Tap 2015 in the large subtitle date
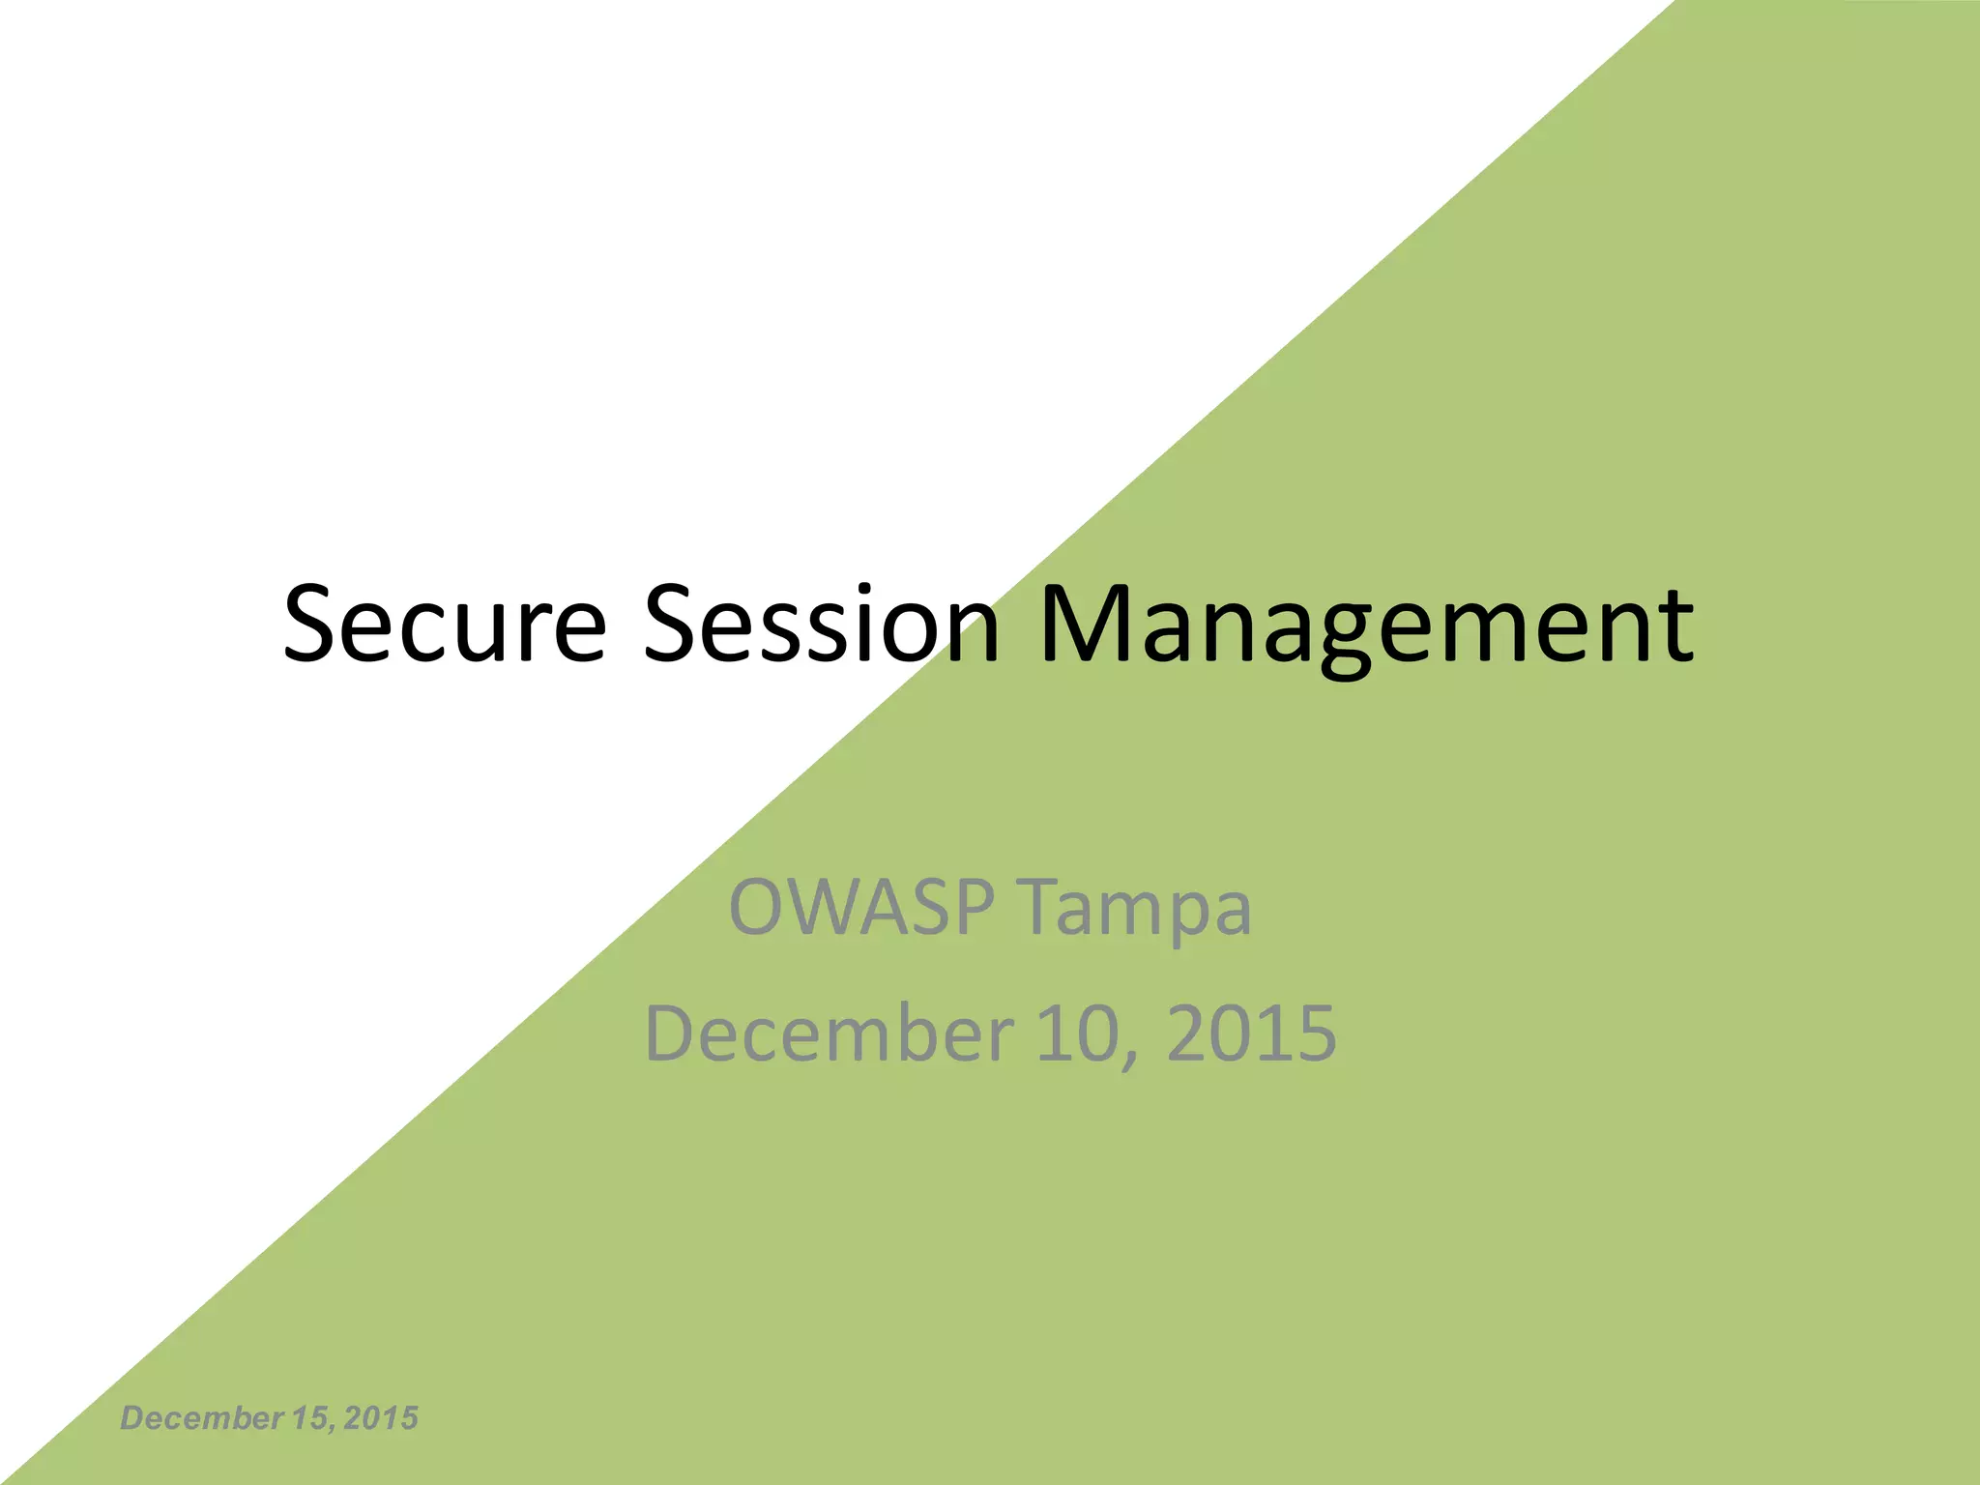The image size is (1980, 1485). [1252, 1033]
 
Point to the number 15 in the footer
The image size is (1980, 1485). [308, 1418]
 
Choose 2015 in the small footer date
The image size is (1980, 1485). [381, 1418]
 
